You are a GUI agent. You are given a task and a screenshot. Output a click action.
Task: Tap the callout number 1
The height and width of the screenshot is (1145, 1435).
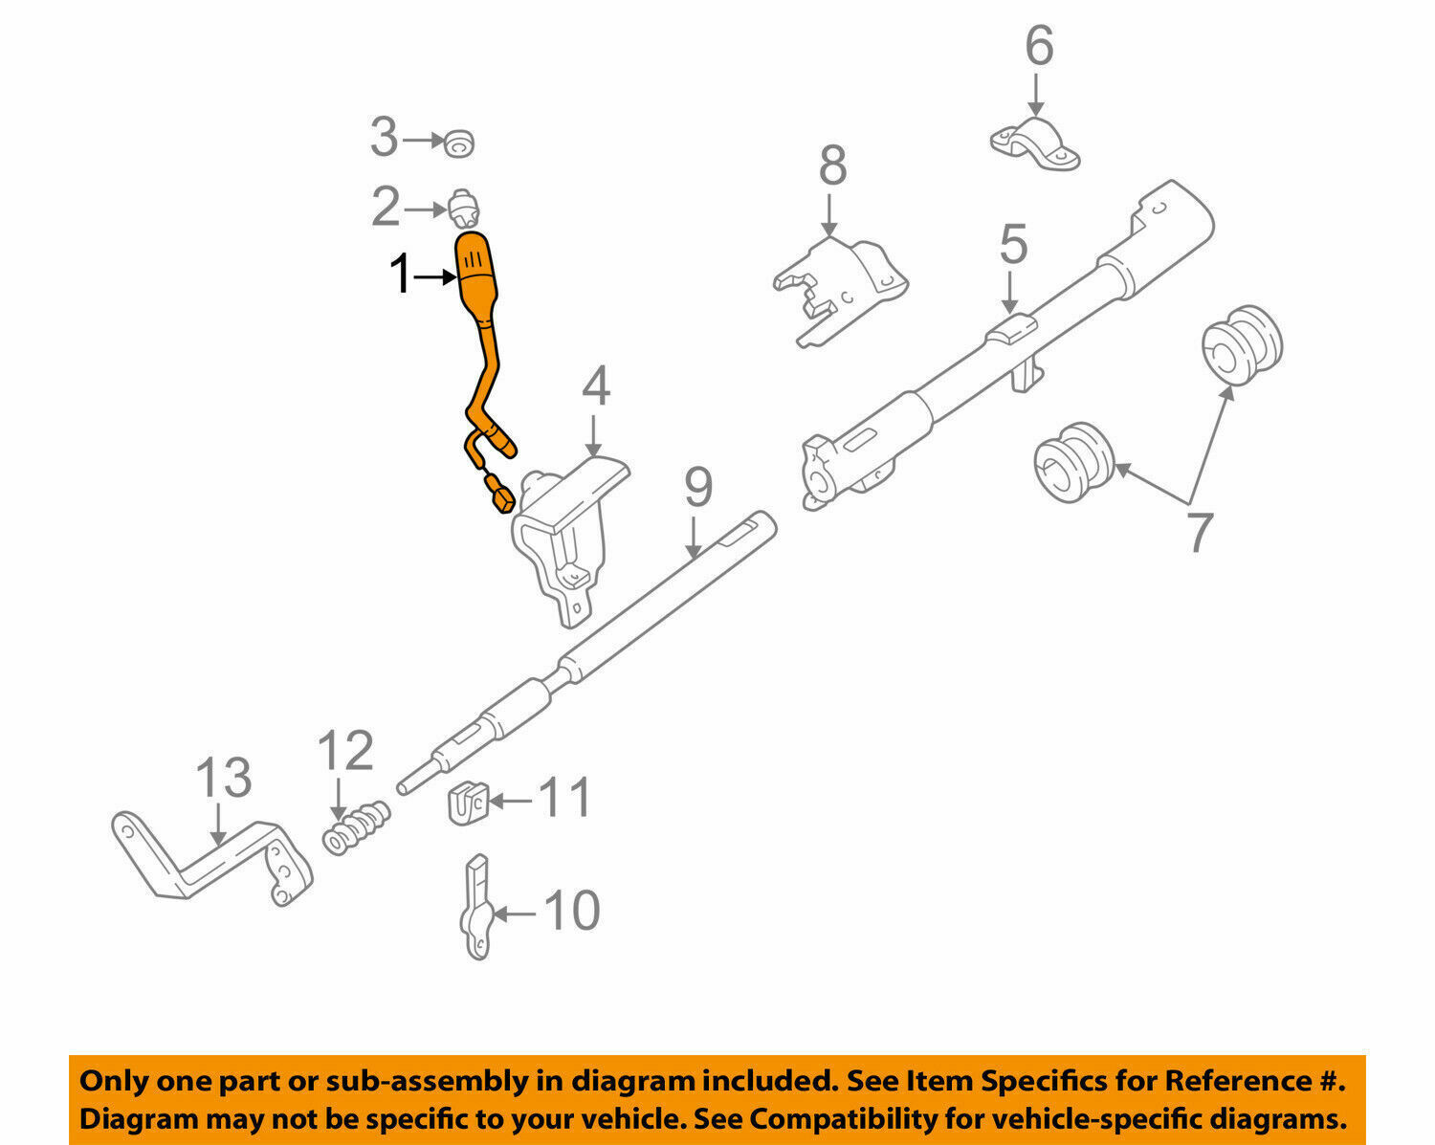(400, 276)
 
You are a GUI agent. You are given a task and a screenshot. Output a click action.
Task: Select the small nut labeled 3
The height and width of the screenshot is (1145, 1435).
(460, 143)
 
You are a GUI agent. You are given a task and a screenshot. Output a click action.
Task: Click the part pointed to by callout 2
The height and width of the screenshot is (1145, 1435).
(463, 207)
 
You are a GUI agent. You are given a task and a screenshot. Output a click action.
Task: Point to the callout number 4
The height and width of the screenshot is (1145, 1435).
(595, 387)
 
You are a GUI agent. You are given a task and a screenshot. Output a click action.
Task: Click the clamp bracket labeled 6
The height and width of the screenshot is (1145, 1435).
(1035, 144)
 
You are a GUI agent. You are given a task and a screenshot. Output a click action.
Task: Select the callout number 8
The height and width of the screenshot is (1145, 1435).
(832, 165)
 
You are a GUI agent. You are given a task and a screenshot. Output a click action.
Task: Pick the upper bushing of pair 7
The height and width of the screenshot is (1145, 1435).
(1241, 345)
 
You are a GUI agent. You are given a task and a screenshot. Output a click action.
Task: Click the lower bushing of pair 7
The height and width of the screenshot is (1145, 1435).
(1074, 462)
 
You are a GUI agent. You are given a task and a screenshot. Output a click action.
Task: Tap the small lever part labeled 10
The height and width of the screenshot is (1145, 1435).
(478, 909)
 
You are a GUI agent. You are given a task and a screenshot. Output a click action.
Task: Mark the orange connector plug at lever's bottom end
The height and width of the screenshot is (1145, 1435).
(499, 496)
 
